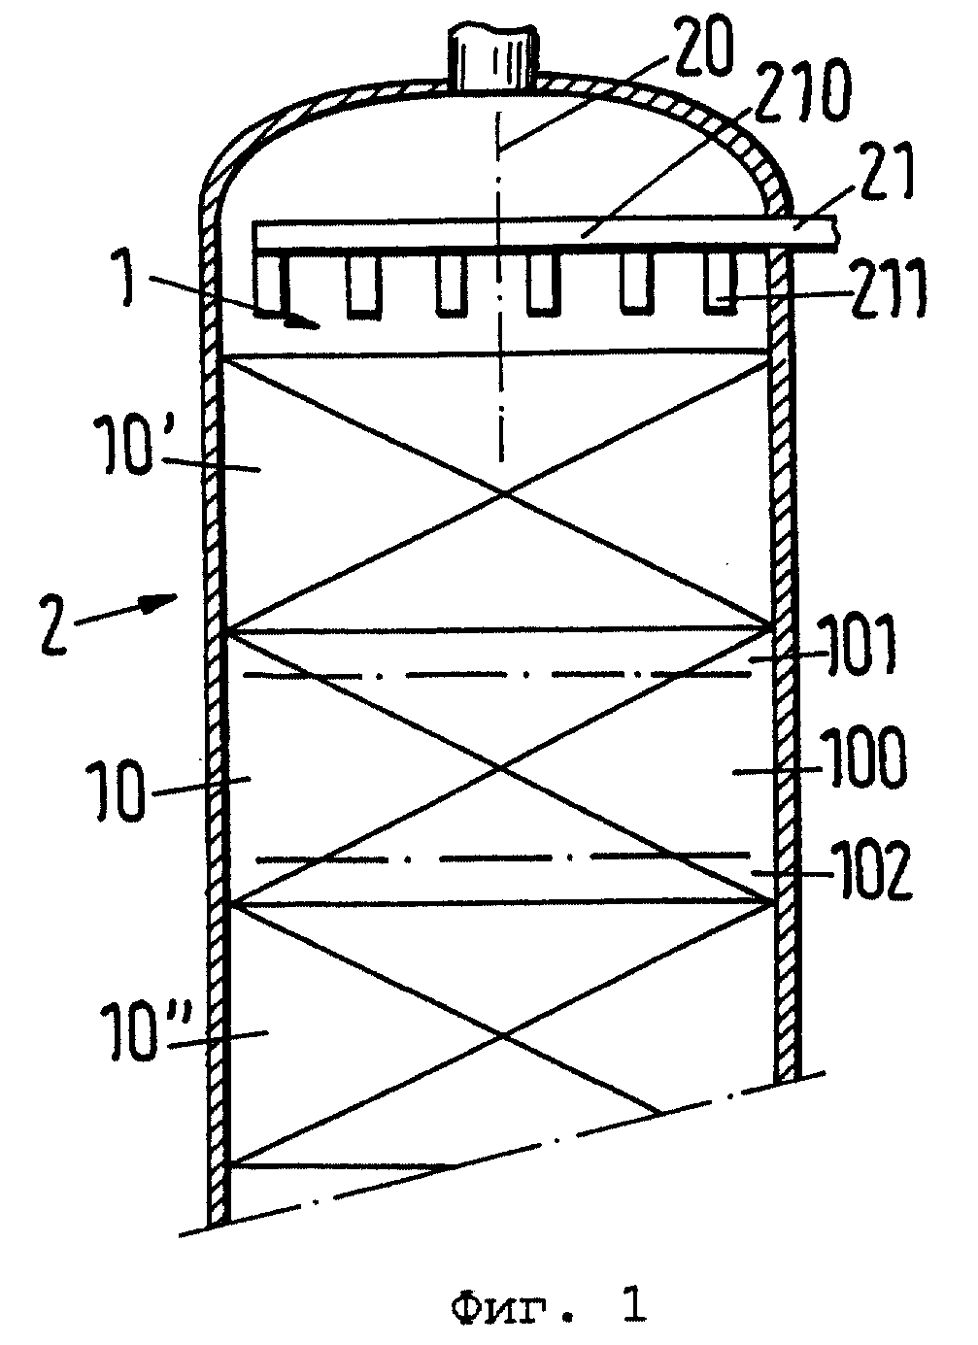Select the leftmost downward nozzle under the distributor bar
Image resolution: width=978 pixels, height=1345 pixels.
tap(269, 286)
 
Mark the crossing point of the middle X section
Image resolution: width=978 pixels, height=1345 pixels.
tap(500, 768)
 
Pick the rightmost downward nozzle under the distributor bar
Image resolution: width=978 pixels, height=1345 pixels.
tap(720, 284)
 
